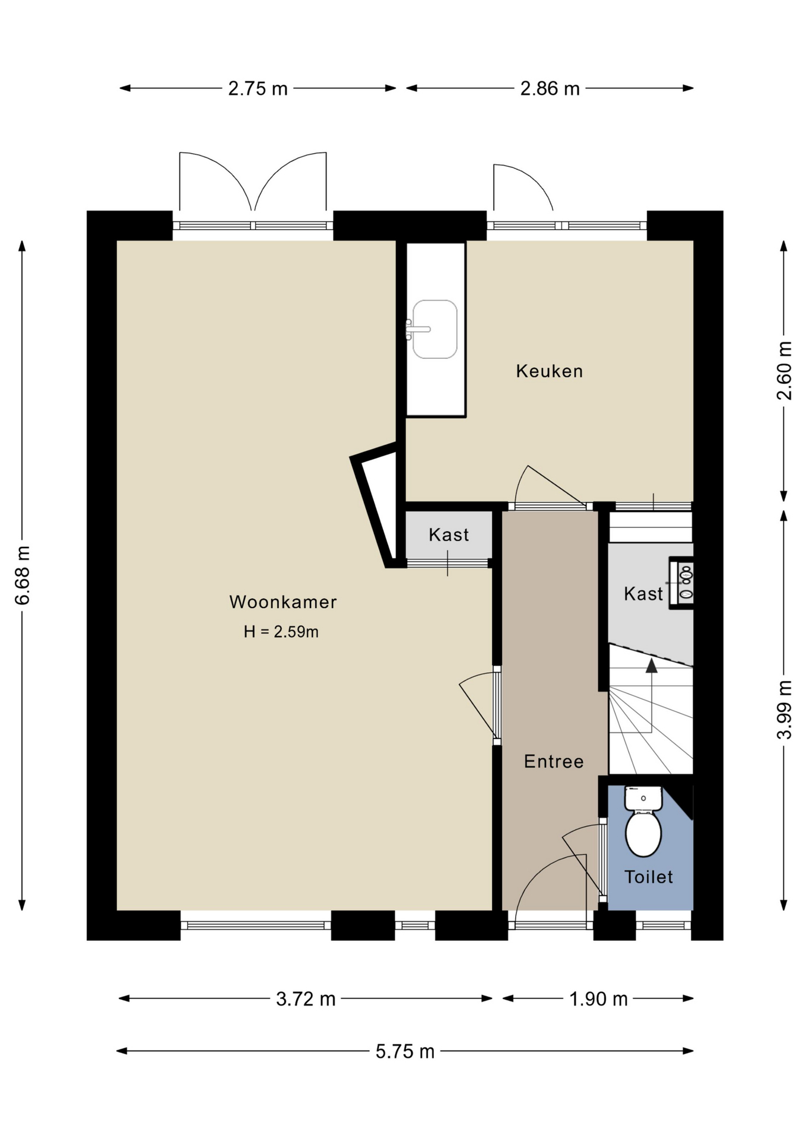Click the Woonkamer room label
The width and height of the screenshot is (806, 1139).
(x=283, y=602)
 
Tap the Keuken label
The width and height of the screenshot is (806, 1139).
(x=550, y=371)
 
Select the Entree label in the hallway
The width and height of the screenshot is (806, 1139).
(x=554, y=761)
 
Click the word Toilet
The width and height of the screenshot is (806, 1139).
(x=649, y=877)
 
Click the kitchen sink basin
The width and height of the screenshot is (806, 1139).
(x=434, y=329)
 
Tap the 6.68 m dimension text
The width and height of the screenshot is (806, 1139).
(x=22, y=575)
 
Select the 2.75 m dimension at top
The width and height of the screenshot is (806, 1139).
(x=258, y=88)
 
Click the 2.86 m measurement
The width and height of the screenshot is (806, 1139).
(x=550, y=88)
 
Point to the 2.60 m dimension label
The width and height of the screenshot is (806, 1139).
(x=784, y=371)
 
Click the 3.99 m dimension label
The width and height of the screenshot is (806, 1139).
(x=784, y=710)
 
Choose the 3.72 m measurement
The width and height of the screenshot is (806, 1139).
(x=306, y=999)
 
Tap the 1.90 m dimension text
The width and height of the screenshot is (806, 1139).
(x=598, y=999)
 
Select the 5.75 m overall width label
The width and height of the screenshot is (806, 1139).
(x=405, y=1051)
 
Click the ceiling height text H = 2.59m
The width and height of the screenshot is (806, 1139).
(x=281, y=632)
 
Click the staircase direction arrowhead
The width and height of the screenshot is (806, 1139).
(x=652, y=665)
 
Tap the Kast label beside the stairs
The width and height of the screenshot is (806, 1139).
(x=643, y=594)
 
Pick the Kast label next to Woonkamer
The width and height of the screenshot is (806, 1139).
(x=449, y=534)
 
